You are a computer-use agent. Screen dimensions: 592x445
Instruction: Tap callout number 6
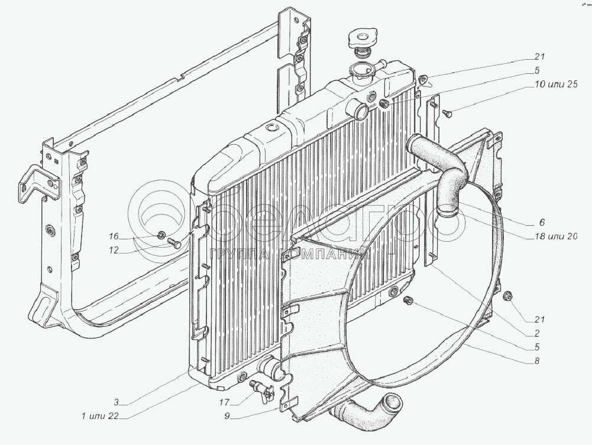click(x=542, y=222)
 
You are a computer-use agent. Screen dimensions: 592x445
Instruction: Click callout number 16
click(x=114, y=236)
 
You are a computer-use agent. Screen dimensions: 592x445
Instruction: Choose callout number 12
click(x=114, y=251)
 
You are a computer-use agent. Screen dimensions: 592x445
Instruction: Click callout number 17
click(x=225, y=402)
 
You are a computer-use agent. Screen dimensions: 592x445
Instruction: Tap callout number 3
click(x=117, y=402)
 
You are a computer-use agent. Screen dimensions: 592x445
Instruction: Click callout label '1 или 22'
click(x=101, y=416)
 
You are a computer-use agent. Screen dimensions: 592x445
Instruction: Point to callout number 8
click(x=536, y=360)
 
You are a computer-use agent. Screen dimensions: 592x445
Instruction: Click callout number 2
click(x=536, y=333)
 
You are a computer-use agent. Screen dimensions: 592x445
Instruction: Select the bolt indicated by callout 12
click(x=174, y=242)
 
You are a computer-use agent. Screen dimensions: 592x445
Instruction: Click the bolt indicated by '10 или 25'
click(x=448, y=112)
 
